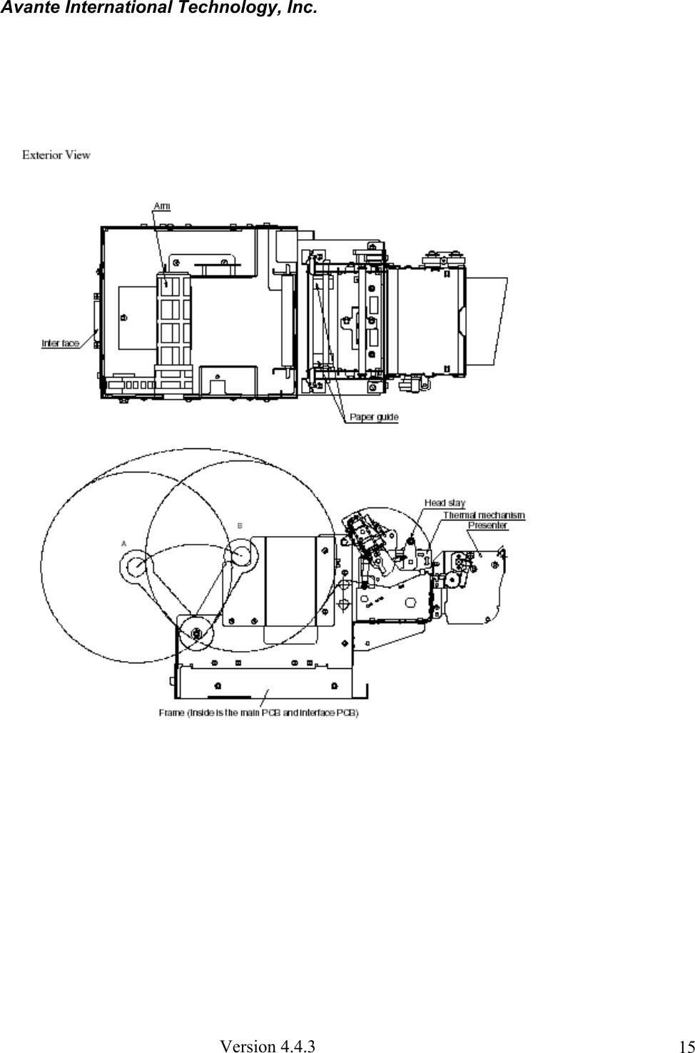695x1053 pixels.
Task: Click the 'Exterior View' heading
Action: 56,154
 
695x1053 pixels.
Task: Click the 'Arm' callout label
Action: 162,206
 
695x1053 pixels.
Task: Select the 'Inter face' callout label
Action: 60,343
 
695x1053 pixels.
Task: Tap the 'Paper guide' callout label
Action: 373,417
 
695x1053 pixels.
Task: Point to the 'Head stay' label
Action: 445,503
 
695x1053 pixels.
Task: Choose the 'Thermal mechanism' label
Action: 484,515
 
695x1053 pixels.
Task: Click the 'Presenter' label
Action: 487,525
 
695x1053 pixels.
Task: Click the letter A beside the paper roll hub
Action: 124,543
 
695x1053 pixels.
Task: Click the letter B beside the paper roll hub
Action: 240,525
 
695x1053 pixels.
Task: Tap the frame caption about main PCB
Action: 258,712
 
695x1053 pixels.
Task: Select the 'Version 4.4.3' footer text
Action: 268,1047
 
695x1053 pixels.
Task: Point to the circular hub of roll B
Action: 239,555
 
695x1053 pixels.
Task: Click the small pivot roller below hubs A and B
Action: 196,633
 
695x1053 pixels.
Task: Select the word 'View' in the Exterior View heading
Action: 77,154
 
